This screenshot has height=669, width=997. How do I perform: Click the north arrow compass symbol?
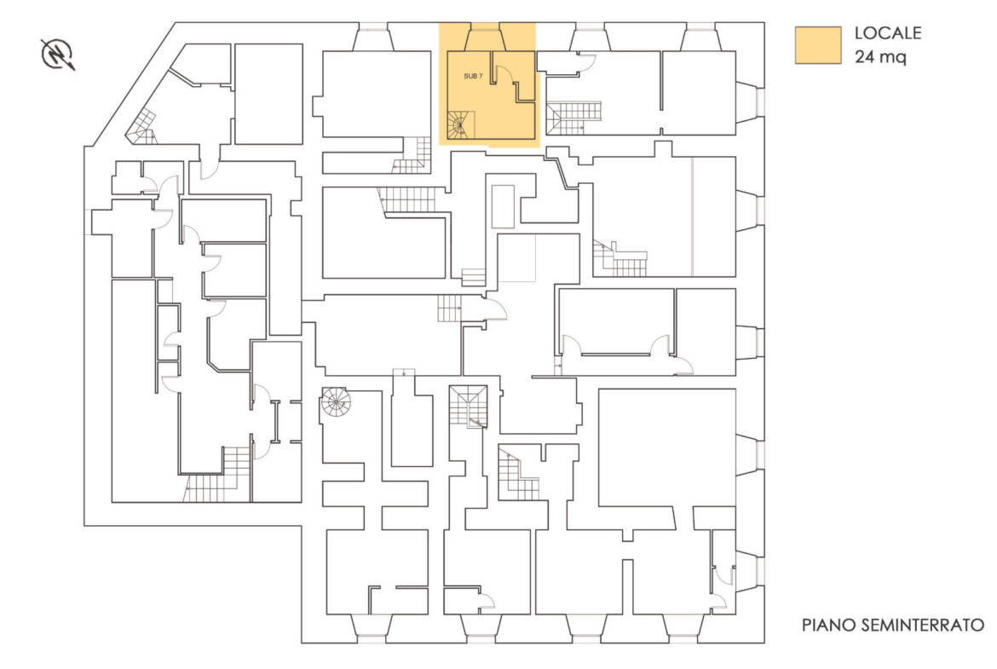point(58,54)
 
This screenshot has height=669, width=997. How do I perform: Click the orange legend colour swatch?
point(818,45)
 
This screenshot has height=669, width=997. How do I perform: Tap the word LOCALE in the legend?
point(888,33)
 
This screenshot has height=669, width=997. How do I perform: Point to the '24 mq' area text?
point(880,56)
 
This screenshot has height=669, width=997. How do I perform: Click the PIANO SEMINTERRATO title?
point(893,626)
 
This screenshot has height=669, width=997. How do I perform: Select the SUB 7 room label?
point(472,77)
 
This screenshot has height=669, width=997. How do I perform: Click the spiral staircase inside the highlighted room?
point(461,125)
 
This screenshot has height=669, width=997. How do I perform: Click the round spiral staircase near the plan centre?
point(335,401)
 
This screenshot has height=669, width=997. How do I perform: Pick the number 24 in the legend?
point(864,56)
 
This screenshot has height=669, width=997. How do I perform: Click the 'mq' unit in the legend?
point(894,58)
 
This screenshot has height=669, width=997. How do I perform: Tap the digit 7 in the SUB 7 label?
point(480,77)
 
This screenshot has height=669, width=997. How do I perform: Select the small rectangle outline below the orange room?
point(503,207)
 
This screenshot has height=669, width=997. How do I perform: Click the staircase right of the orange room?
point(574,118)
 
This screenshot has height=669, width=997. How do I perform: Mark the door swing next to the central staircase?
point(495,309)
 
